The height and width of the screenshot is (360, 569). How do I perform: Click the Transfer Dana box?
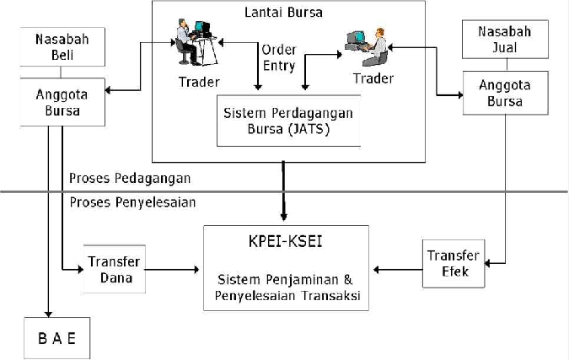tap(112, 269)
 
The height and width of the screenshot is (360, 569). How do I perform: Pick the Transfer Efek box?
tap(453, 264)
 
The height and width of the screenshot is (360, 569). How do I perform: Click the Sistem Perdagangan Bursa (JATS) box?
tap(288, 121)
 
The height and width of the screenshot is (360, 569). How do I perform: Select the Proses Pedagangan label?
tap(130, 178)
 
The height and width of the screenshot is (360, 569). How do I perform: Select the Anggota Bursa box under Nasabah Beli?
tap(62, 102)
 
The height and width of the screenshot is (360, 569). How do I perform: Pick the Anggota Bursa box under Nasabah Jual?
tap(500, 94)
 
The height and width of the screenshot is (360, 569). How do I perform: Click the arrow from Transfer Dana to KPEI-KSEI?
tap(173, 270)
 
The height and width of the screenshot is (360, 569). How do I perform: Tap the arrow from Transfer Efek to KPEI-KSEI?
tap(398, 270)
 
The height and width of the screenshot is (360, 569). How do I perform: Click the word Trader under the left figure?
tap(199, 82)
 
